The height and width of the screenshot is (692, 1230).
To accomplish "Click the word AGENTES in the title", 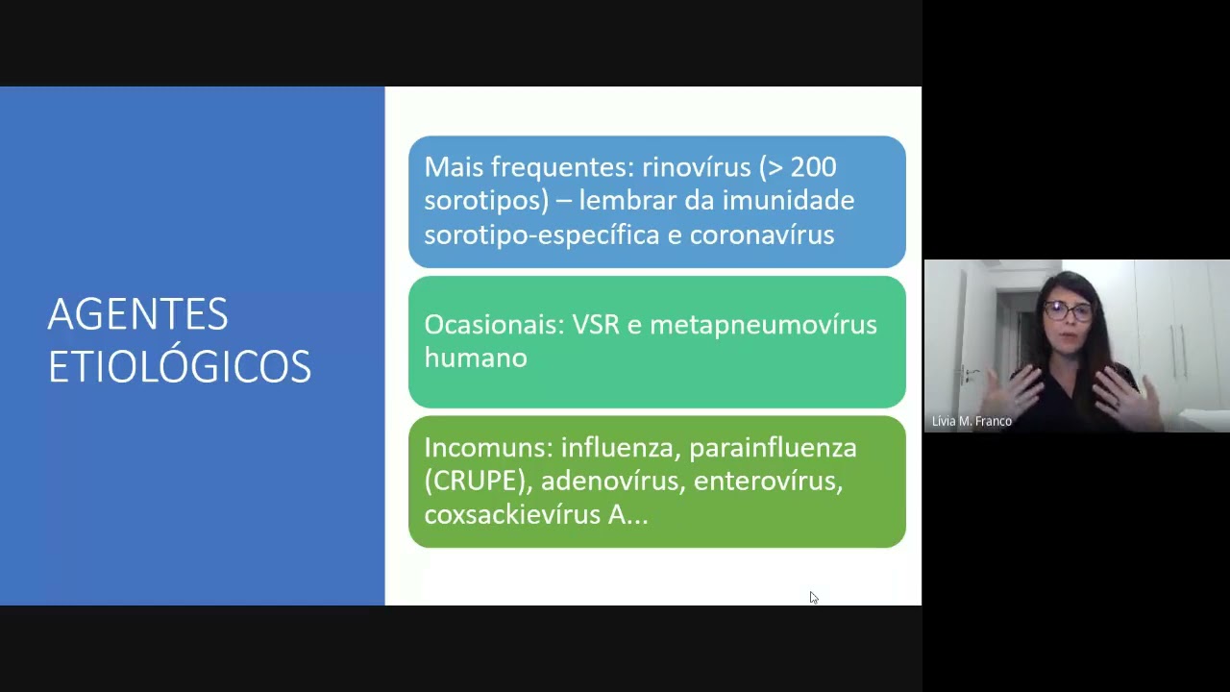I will tap(137, 314).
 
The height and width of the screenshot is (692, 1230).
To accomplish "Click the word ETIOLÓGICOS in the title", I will tap(180, 366).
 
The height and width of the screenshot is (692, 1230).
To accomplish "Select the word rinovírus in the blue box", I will tap(696, 167).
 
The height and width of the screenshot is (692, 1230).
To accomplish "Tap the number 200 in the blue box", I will tap(814, 167).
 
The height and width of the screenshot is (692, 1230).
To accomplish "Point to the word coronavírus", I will tap(761, 235).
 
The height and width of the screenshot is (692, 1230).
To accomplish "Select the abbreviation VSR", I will tap(596, 325).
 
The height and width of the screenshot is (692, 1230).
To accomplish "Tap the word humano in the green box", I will tap(475, 358).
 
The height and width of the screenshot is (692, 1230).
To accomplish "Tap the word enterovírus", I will tap(767, 481).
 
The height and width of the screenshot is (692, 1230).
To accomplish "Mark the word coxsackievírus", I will tap(511, 514).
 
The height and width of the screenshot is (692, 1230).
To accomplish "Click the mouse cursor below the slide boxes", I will tap(813, 597).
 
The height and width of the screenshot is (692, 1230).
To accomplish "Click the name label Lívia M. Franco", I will tap(972, 421).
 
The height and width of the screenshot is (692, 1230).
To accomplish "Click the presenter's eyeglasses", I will tap(1068, 309).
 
